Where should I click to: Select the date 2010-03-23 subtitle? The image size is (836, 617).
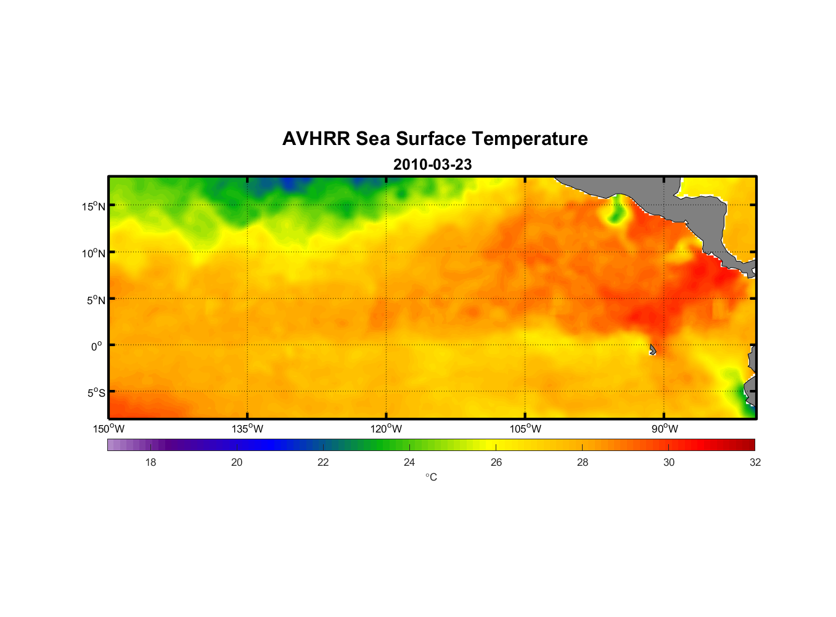click(432, 165)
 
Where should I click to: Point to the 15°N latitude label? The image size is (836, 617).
click(93, 206)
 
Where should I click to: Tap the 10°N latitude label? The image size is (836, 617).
click(93, 253)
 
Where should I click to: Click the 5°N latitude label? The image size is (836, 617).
click(96, 300)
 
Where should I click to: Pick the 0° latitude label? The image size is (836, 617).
click(97, 346)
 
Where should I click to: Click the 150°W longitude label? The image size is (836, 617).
click(109, 429)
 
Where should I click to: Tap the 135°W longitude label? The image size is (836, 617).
click(248, 429)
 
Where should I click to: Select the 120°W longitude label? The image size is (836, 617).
click(387, 429)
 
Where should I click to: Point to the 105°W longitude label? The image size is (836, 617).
click(525, 429)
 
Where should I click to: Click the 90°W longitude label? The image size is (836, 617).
click(665, 429)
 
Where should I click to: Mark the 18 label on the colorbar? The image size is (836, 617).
click(150, 462)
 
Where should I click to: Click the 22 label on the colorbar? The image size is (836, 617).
click(323, 462)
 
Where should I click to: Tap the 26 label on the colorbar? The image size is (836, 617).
click(496, 462)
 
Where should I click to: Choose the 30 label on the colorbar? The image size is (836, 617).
click(669, 462)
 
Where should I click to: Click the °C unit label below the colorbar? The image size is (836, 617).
click(431, 477)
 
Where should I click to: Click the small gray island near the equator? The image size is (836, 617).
click(652, 350)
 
